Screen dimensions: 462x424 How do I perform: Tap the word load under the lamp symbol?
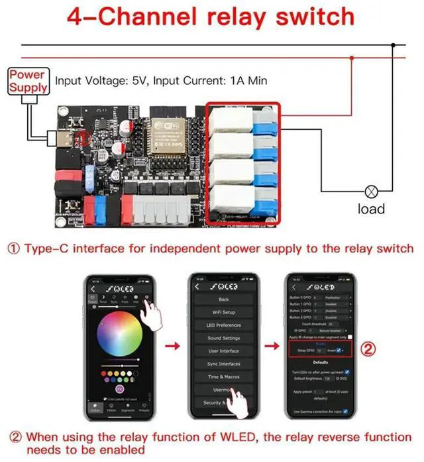[x=372, y=209]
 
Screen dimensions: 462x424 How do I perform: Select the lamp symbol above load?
[x=372, y=191]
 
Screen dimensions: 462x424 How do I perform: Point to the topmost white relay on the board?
[x=232, y=122]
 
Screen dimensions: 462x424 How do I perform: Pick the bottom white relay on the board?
[x=232, y=202]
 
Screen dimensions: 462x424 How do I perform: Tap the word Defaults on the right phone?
[x=319, y=363]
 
